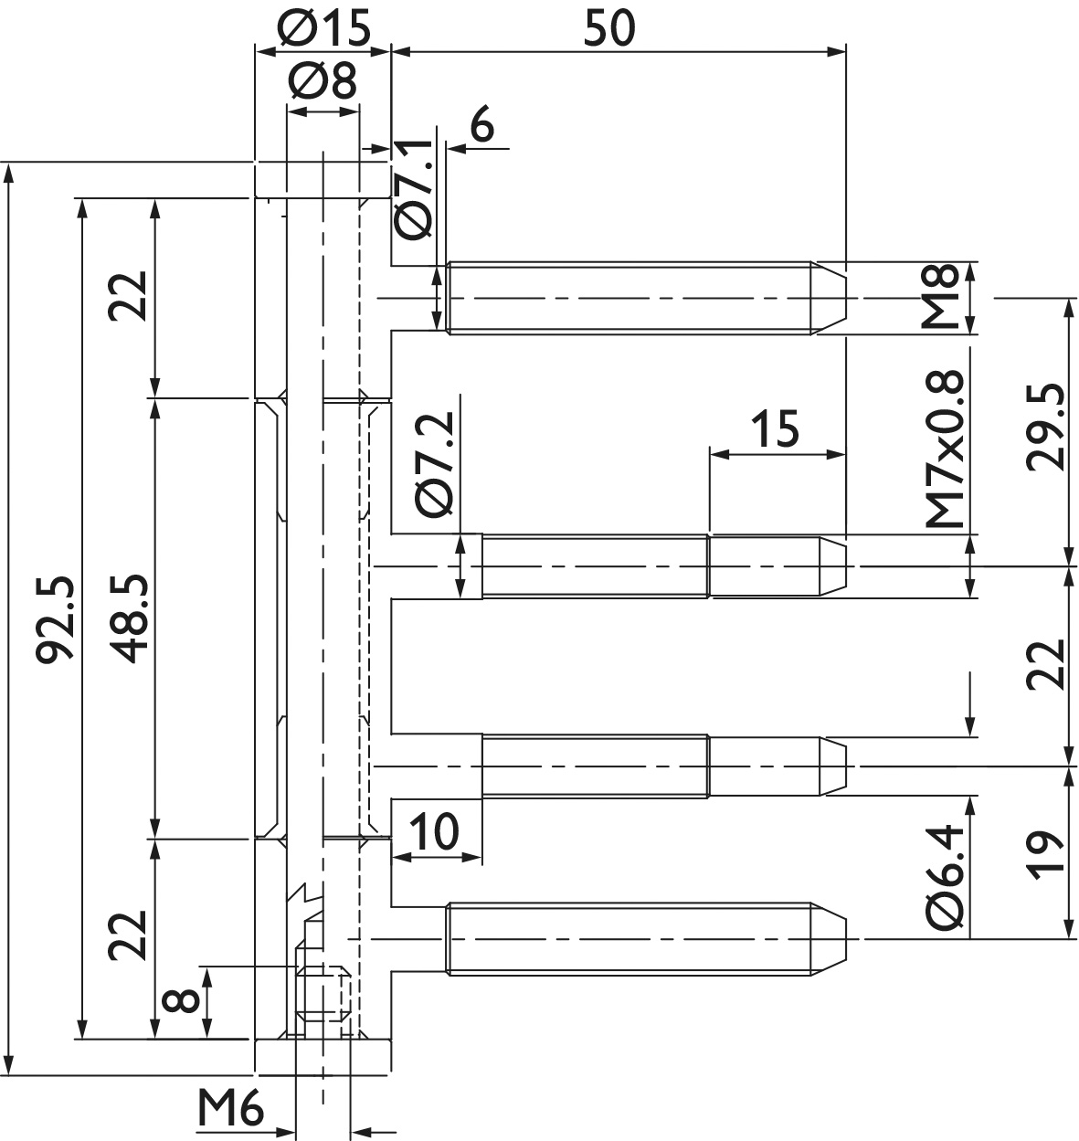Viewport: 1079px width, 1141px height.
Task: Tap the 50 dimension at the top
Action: coord(609,27)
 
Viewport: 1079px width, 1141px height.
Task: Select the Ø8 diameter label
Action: coord(323,80)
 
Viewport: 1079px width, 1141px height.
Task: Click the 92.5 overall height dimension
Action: coord(55,618)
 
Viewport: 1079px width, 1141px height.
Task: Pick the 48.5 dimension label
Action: coord(131,618)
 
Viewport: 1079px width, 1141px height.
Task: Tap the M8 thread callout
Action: coord(940,296)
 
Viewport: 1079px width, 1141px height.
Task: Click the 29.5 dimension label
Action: coord(1045,428)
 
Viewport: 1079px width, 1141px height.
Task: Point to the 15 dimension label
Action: coord(775,428)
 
